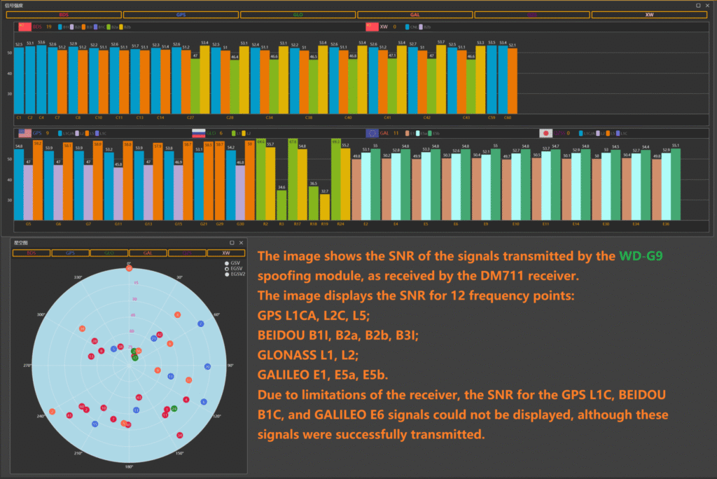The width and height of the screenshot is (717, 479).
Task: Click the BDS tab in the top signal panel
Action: tap(64, 14)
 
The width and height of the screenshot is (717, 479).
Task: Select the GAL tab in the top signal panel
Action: tap(415, 14)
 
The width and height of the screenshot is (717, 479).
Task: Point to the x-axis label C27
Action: tap(190, 118)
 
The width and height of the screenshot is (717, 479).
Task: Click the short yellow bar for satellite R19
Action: tap(325, 207)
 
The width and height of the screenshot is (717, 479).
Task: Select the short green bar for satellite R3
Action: tap(281, 205)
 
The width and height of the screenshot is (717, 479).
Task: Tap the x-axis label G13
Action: tap(148, 225)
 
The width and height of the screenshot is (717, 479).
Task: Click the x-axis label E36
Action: tap(666, 225)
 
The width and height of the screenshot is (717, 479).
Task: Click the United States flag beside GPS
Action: tap(25, 133)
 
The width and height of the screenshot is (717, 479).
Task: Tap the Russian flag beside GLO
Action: tap(199, 133)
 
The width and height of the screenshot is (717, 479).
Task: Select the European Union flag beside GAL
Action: tap(372, 133)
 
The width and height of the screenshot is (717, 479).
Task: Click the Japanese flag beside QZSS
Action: tap(545, 133)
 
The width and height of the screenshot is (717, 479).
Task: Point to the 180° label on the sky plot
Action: tap(129, 466)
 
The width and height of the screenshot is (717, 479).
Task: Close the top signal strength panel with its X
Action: tap(709, 5)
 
